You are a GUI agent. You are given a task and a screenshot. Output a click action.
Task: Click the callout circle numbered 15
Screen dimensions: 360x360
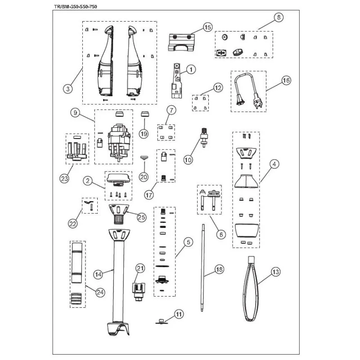pyautogui.click(x=207, y=28)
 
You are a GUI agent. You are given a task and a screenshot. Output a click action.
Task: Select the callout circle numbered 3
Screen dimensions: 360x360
pyautogui.click(x=68, y=89)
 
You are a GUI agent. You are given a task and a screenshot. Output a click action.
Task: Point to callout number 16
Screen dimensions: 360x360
pyautogui.click(x=286, y=81)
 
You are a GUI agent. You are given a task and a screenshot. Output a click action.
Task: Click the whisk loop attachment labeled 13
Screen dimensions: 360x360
pyautogui.click(x=252, y=288)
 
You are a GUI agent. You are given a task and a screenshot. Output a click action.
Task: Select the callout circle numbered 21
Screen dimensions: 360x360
pyautogui.click(x=140, y=269)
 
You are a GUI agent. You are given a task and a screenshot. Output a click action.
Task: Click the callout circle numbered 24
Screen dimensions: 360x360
pyautogui.click(x=100, y=292)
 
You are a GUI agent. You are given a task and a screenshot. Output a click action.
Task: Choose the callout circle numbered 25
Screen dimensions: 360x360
pyautogui.click(x=142, y=217)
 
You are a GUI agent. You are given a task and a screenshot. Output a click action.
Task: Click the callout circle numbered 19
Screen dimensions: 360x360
pyautogui.click(x=144, y=134)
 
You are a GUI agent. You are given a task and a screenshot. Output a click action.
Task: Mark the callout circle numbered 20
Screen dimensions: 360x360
pyautogui.click(x=144, y=177)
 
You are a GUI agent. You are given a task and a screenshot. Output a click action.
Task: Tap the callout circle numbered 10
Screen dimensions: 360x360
pyautogui.click(x=188, y=159)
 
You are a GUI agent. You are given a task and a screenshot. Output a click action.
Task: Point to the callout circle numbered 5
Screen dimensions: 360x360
pyautogui.click(x=189, y=242)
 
